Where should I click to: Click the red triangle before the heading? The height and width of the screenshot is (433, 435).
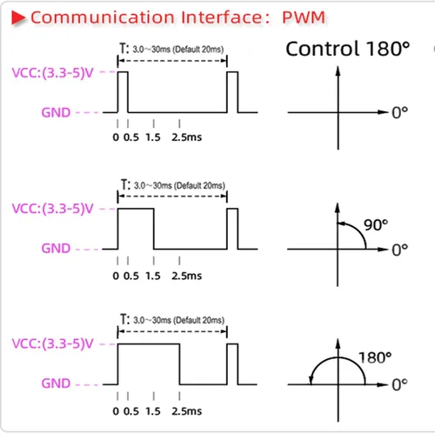[18, 17]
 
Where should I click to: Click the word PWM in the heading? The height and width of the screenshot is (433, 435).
[304, 17]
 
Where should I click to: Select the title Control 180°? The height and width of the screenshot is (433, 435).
[348, 49]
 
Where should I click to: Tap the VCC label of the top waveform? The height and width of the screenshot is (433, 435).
[52, 72]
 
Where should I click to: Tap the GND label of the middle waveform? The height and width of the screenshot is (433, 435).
[56, 249]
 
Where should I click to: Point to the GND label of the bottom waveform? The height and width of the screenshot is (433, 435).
[56, 383]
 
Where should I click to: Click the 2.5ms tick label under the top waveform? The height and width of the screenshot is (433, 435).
[186, 137]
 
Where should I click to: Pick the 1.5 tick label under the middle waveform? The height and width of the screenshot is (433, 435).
[153, 276]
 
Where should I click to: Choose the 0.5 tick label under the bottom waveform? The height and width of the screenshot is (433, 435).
[131, 411]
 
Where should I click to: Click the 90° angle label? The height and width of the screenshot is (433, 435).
[376, 225]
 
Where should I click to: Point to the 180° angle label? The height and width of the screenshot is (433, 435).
[375, 357]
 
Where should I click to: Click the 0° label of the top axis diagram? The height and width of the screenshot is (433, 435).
[400, 113]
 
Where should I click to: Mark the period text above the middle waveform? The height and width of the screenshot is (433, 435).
[173, 185]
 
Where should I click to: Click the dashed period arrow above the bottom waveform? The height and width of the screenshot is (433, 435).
[172, 331]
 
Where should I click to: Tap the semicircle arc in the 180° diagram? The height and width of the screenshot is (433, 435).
[338, 357]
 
